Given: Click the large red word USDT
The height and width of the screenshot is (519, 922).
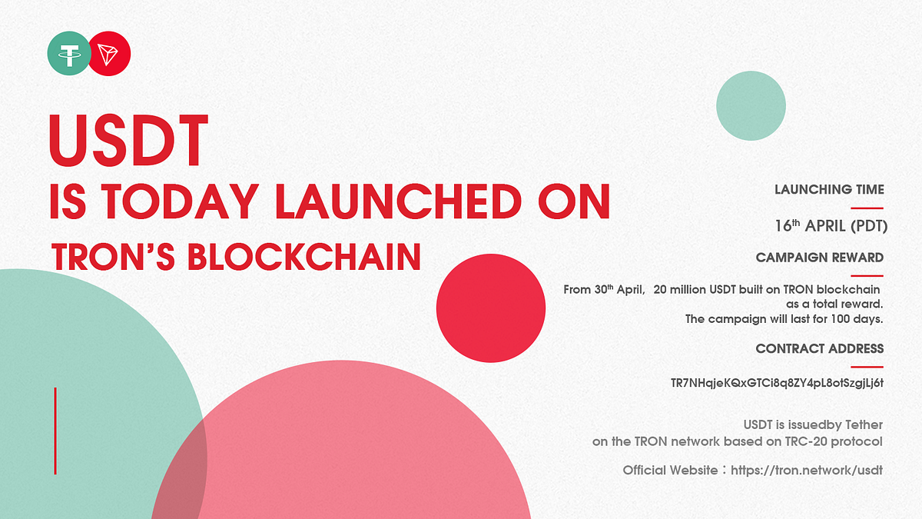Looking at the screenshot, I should click(128, 141).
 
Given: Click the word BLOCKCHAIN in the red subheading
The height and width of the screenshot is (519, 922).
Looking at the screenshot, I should click(304, 257).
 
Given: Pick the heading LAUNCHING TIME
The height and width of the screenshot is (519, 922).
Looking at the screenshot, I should click(829, 189).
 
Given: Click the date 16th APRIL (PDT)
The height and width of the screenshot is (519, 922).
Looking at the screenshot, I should click(831, 226).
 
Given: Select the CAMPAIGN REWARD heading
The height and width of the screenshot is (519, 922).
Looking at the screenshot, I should click(819, 258).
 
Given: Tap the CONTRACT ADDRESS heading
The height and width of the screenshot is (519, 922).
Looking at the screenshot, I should click(819, 348).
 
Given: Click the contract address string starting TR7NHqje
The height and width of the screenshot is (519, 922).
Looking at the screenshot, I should click(777, 383).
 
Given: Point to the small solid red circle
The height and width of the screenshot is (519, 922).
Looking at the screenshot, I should click(491, 308).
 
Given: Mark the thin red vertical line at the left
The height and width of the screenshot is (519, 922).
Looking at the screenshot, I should click(55, 431).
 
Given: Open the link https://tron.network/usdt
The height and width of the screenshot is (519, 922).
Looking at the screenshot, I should click(806, 470).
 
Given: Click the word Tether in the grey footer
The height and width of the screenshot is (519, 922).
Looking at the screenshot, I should click(862, 424).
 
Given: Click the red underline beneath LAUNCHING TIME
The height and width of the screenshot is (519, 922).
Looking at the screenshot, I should click(867, 208).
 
